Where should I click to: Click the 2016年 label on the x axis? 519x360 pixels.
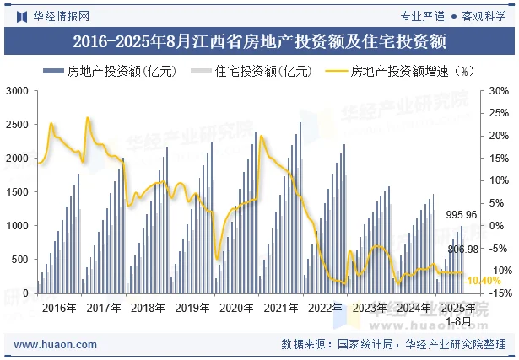coord(58,308)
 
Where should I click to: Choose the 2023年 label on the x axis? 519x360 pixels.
coord(369,308)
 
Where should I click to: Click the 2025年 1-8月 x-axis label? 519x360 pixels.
coord(458,314)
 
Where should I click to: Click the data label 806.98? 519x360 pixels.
coord(462,249)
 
